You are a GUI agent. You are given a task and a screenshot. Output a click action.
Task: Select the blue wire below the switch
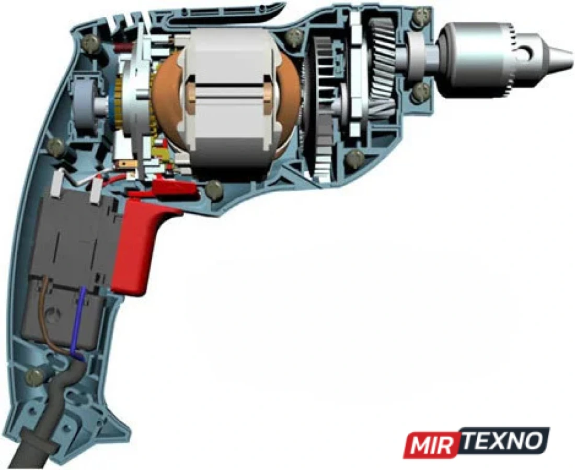click(77, 322)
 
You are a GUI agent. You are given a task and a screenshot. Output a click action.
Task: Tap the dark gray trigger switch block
click(70, 271)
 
